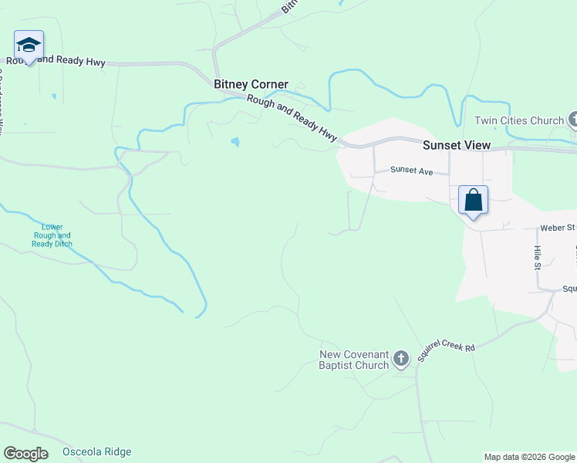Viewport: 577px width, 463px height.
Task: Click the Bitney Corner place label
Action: (x=251, y=84)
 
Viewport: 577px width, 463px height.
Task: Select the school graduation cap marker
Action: (x=29, y=46)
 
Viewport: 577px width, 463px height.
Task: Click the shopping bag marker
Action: (x=474, y=201)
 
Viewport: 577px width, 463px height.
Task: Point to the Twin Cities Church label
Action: (x=518, y=120)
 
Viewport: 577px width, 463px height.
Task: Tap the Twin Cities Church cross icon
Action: (x=573, y=120)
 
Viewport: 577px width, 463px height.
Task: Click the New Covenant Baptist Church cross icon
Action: (x=400, y=359)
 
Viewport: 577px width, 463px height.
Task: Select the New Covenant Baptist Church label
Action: (x=354, y=360)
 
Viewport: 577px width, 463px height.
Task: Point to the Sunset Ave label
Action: (x=411, y=170)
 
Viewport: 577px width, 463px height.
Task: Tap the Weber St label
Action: (x=558, y=228)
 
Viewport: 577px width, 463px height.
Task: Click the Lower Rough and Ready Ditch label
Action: (x=52, y=235)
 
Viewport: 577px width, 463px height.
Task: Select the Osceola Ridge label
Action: (x=96, y=452)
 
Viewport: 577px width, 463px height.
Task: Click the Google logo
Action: (x=25, y=454)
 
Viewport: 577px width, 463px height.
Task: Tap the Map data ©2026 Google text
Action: (x=529, y=457)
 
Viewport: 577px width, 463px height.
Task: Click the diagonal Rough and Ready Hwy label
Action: (x=292, y=118)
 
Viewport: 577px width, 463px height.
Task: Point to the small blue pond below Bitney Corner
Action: (x=235, y=142)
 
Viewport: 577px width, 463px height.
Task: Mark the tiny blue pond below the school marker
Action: (x=53, y=96)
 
